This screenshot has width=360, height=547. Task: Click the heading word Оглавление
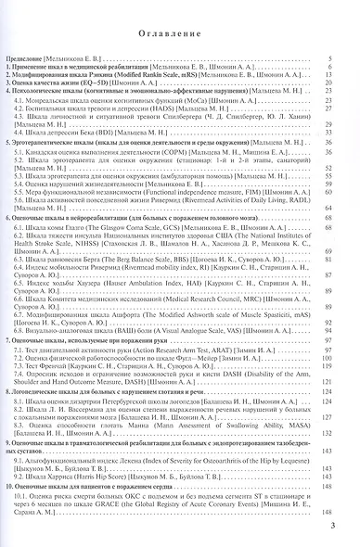click(x=180, y=39)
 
